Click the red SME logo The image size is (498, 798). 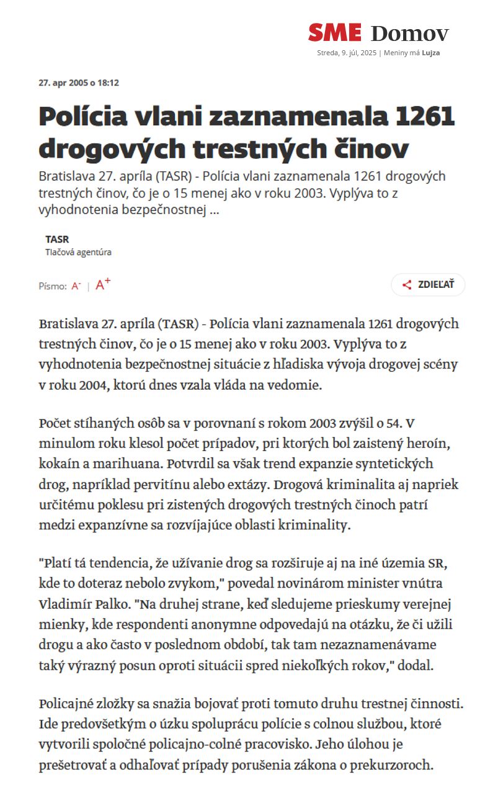[x=334, y=32]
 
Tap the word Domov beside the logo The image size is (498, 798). [x=409, y=34]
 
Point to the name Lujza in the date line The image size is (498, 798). [x=431, y=53]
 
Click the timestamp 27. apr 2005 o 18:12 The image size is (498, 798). [x=79, y=83]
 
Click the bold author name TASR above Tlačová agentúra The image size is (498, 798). [x=57, y=239]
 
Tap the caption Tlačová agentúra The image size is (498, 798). [x=78, y=253]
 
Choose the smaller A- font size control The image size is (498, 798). [x=76, y=286]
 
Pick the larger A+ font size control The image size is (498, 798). [x=103, y=284]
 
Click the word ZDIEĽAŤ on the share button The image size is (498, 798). [x=436, y=285]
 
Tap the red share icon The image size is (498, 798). [x=407, y=285]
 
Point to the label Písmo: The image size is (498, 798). [x=53, y=286]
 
